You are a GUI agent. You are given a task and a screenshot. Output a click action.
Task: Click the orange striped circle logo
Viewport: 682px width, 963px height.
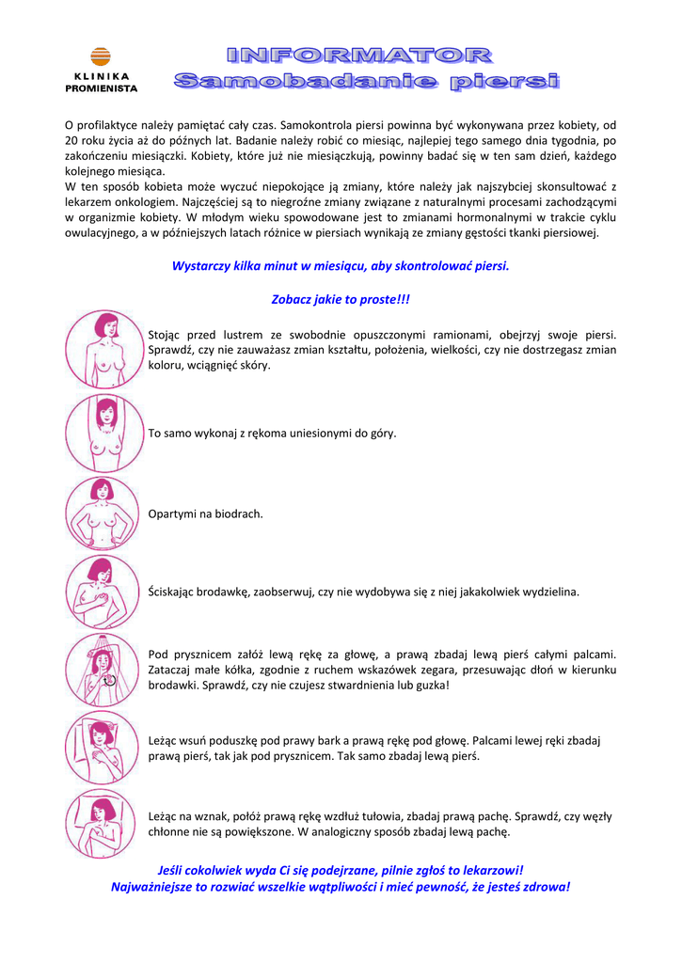101,57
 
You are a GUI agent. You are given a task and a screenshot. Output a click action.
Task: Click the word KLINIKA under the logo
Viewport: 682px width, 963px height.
101,77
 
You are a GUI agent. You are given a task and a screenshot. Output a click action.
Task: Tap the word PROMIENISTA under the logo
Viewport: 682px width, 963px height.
101,88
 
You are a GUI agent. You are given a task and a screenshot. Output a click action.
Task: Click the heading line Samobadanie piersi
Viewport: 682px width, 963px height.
366,82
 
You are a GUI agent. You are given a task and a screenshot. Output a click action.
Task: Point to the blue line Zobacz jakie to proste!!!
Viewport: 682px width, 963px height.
341,299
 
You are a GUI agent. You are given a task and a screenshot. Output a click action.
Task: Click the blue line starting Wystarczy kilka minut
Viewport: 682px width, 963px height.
341,266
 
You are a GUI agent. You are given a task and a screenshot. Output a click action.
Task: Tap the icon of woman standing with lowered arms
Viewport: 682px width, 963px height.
103,349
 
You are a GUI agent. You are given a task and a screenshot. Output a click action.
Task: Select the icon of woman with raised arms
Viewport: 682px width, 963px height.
103,433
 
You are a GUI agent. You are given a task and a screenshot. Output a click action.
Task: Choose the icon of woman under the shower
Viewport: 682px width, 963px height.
103,671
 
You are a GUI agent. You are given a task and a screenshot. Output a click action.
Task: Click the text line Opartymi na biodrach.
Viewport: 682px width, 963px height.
206,514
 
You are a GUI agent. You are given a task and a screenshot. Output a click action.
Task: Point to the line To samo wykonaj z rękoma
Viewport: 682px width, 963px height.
273,434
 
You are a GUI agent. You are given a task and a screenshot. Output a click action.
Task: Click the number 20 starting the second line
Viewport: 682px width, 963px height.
71,141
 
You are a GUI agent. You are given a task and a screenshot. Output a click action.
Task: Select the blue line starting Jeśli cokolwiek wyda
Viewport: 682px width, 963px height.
341,871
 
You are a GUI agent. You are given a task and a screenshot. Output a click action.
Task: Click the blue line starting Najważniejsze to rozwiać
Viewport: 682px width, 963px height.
341,887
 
